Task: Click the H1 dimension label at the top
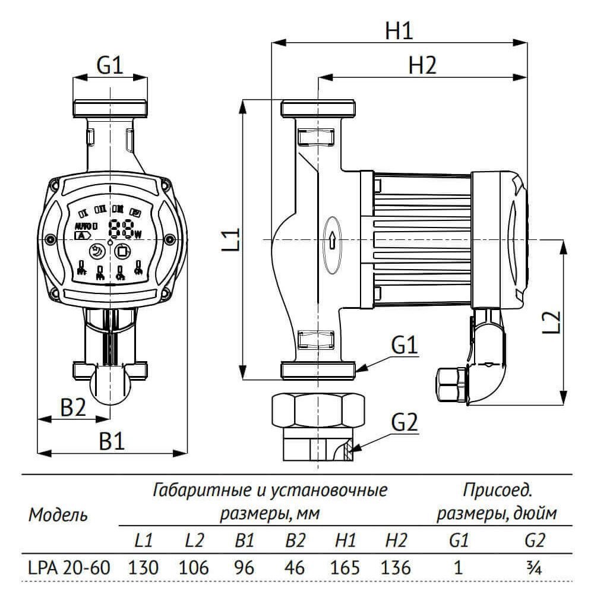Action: coord(399,30)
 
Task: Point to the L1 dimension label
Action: coord(233,238)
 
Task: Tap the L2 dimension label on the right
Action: coord(552,321)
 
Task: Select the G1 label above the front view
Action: coord(110,65)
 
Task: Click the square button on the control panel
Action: coord(122,251)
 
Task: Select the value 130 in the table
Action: coord(144,567)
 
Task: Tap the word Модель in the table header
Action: coord(58,514)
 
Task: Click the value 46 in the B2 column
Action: coord(295,567)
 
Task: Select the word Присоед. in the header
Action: coord(497,491)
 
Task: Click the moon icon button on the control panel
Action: coord(97,252)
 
